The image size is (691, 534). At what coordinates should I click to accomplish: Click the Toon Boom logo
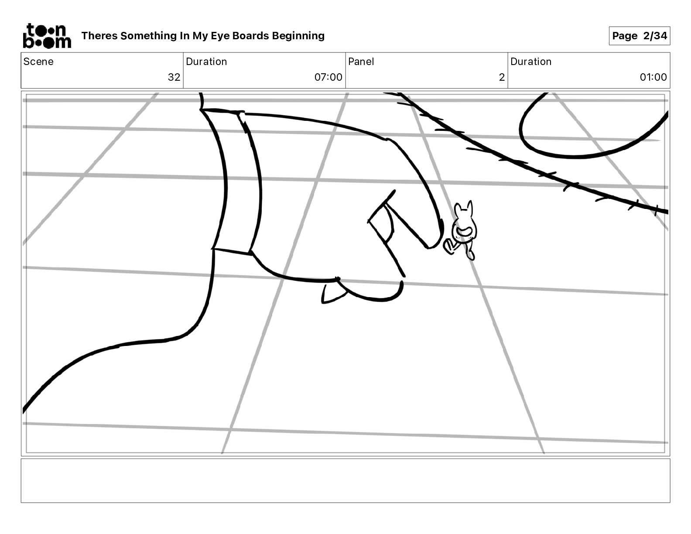(47, 36)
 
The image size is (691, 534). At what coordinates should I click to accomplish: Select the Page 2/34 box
(639, 36)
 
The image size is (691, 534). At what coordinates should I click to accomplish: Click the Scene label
(38, 62)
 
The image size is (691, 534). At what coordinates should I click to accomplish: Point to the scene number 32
(174, 77)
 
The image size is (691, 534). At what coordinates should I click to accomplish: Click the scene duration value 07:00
(328, 77)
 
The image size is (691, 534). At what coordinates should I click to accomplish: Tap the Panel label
(361, 62)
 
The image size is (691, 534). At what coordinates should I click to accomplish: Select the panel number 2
(502, 77)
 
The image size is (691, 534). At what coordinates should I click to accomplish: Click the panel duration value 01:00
(653, 77)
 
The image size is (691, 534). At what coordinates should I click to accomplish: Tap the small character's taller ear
(469, 208)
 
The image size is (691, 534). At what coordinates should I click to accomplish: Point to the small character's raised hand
(449, 246)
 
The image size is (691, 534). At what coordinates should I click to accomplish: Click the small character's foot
(470, 254)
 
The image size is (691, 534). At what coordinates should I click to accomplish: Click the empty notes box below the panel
(345, 480)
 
